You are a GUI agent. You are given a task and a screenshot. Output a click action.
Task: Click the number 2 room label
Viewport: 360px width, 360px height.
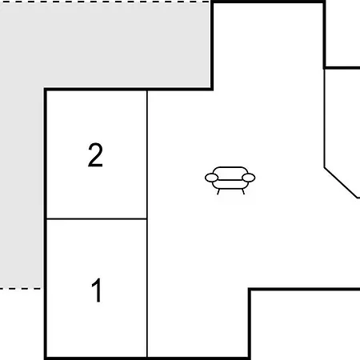click(95, 155)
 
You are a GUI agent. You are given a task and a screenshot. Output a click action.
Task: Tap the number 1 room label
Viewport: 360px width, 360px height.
click(97, 290)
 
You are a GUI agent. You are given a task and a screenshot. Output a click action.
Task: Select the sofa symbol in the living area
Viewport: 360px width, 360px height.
click(230, 180)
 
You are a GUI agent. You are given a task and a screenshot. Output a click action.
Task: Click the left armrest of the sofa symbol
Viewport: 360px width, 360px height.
click(211, 178)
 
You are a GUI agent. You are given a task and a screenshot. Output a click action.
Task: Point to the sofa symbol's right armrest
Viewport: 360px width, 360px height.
click(249, 178)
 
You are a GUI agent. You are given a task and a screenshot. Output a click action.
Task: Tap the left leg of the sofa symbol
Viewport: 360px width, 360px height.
click(218, 192)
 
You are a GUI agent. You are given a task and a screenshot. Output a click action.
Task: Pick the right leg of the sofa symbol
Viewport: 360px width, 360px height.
click(243, 192)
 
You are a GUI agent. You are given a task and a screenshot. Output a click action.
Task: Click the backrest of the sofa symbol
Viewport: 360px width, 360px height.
click(230, 173)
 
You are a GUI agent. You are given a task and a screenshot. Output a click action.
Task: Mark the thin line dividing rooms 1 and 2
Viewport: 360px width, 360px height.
click(97, 219)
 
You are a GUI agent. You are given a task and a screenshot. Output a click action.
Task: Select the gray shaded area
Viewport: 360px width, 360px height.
click(80, 46)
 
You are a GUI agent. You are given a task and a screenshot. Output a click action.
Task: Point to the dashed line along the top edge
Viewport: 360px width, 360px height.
click(106, 2)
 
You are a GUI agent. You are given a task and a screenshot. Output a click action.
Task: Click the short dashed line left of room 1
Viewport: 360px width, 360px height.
click(21, 288)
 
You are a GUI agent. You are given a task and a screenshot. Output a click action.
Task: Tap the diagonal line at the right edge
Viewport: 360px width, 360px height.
click(341, 182)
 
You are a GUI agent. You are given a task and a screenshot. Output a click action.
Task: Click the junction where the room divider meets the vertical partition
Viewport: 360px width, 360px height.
click(147, 219)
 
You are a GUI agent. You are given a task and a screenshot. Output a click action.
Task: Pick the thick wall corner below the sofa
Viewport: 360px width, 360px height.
click(250, 289)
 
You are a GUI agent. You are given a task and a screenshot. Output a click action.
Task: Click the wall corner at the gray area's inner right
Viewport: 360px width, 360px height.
click(212, 89)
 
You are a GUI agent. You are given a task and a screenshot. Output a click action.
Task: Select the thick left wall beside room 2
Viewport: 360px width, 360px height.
click(46, 154)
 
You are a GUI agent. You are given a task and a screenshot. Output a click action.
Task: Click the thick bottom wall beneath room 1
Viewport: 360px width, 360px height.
click(97, 358)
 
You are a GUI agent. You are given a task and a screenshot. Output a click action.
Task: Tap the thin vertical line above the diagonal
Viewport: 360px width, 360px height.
click(325, 118)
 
